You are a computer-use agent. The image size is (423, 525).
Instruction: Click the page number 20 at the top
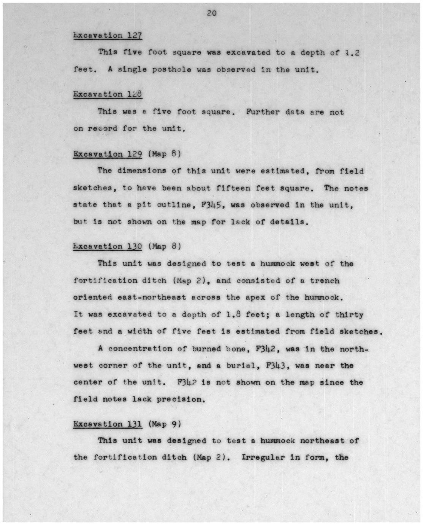[212, 13]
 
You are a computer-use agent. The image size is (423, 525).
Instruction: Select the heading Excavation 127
[108, 35]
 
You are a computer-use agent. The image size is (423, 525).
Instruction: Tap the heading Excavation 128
[108, 94]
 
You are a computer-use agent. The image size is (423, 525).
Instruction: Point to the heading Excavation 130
[108, 246]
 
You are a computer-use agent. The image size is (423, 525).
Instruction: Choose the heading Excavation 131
[108, 424]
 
